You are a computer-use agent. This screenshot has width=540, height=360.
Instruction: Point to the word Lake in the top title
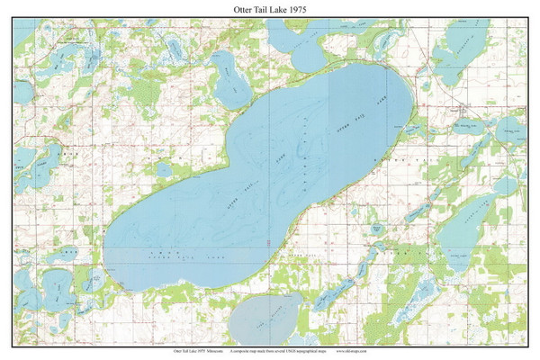point(278,11)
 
